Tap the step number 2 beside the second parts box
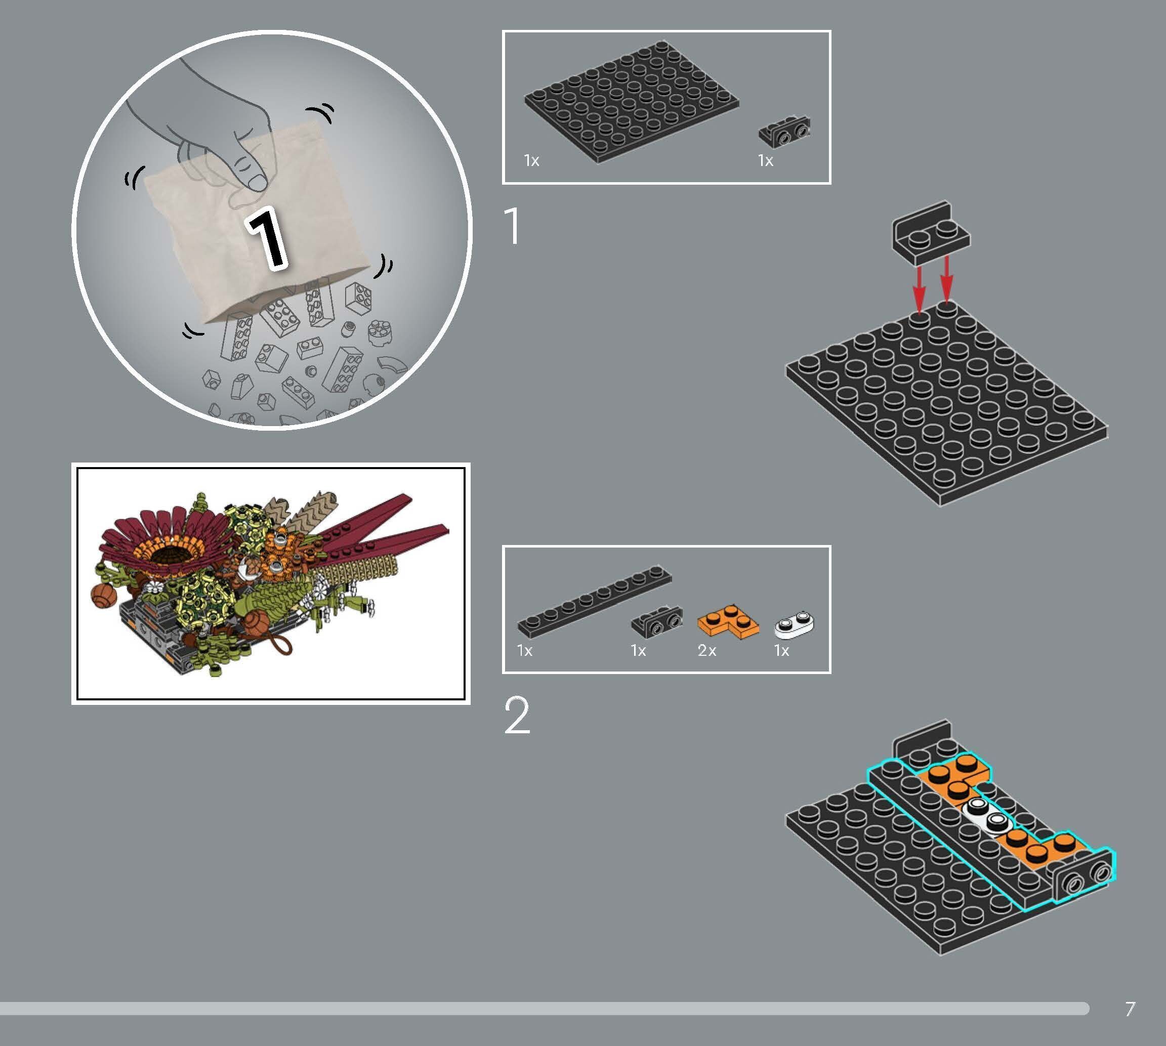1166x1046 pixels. point(517,716)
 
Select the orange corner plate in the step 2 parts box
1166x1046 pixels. point(728,622)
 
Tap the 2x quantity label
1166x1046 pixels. point(706,651)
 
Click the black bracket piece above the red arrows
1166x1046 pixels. point(930,233)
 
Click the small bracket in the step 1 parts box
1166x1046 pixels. point(784,132)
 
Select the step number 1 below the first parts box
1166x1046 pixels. point(512,227)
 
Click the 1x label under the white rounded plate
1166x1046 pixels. point(781,651)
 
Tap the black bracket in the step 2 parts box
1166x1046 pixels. point(657,621)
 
